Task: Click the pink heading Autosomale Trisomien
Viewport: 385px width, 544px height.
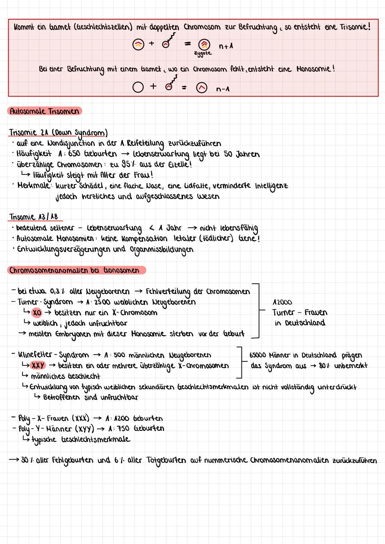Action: point(45,111)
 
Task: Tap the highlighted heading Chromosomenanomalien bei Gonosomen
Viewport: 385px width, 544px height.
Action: point(75,270)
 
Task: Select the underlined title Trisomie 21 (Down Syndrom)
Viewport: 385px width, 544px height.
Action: point(58,133)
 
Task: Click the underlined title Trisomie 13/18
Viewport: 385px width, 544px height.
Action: point(34,217)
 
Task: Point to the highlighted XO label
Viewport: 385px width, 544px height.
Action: point(37,313)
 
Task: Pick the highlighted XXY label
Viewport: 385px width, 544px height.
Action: point(38,365)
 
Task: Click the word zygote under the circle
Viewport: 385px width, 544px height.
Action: point(203,53)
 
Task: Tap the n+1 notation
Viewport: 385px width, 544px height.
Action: point(226,46)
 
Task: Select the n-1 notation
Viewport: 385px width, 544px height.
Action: point(223,89)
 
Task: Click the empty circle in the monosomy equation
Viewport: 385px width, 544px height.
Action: point(138,87)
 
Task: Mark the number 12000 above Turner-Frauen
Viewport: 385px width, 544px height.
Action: point(282,302)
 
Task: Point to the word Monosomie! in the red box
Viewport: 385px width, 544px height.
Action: point(316,69)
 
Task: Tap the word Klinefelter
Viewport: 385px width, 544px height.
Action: point(36,355)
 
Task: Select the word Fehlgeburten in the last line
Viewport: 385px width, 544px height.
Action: point(73,460)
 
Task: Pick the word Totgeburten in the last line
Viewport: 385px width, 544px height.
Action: point(166,460)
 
